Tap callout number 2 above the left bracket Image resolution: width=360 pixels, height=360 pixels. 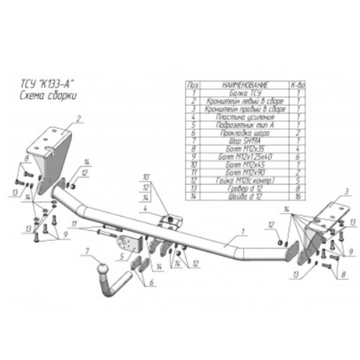pyautogui.click(x=79, y=118)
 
